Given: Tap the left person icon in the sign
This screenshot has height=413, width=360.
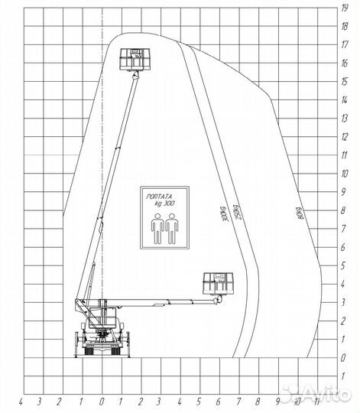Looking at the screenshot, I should (156, 229).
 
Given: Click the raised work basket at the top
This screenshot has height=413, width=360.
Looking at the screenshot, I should (134, 58).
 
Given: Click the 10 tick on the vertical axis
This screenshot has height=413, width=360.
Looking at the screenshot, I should (345, 174).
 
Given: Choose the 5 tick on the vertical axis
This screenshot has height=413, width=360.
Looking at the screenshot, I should (345, 265).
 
